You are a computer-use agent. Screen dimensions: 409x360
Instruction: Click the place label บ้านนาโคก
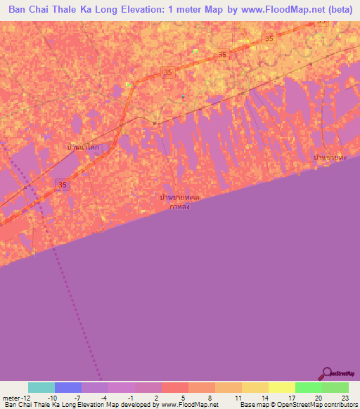click(x=83, y=148)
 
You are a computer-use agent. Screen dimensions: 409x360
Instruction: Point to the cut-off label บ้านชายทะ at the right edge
click(x=330, y=157)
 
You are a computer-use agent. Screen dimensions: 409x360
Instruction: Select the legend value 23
click(x=345, y=397)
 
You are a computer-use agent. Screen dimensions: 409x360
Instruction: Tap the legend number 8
click(x=211, y=397)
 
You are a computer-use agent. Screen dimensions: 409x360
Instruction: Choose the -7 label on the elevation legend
click(x=77, y=397)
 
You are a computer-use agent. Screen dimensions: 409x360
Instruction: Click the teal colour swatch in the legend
click(x=41, y=387)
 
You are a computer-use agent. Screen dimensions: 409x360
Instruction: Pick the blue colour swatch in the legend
click(x=67, y=387)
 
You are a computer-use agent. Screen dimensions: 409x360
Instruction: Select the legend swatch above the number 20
click(x=308, y=387)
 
